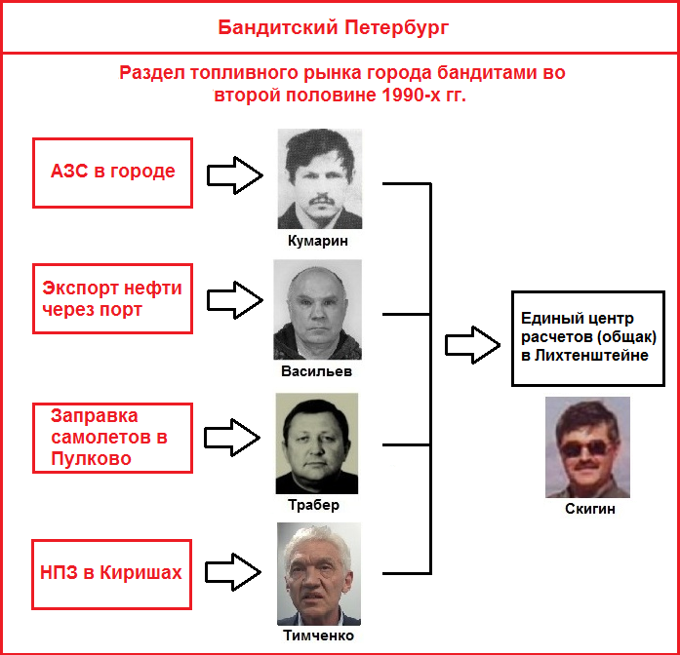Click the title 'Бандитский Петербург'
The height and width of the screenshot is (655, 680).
pyautogui.click(x=333, y=28)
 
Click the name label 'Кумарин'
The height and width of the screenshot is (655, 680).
pyautogui.click(x=318, y=241)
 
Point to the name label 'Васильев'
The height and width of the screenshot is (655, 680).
pyautogui.click(x=316, y=371)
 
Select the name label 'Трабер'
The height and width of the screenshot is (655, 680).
pyautogui.click(x=313, y=505)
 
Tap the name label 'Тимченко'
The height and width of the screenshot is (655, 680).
pyautogui.click(x=318, y=636)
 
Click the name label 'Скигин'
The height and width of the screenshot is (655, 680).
pyautogui.click(x=590, y=509)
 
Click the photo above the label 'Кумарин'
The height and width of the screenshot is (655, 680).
pyautogui.click(x=320, y=178)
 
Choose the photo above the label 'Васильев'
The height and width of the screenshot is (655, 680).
pyautogui.click(x=317, y=309)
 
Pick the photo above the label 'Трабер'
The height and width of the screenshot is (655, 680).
pyautogui.click(x=317, y=443)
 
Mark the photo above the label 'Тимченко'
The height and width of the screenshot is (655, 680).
pyautogui.click(x=319, y=573)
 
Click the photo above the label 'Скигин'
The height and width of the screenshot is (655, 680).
pyautogui.click(x=587, y=447)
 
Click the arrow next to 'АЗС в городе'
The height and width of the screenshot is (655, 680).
pyautogui.click(x=234, y=175)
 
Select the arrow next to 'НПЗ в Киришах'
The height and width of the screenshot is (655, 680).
pyautogui.click(x=233, y=572)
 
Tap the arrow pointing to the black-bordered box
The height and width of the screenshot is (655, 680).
pyautogui.click(x=473, y=345)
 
